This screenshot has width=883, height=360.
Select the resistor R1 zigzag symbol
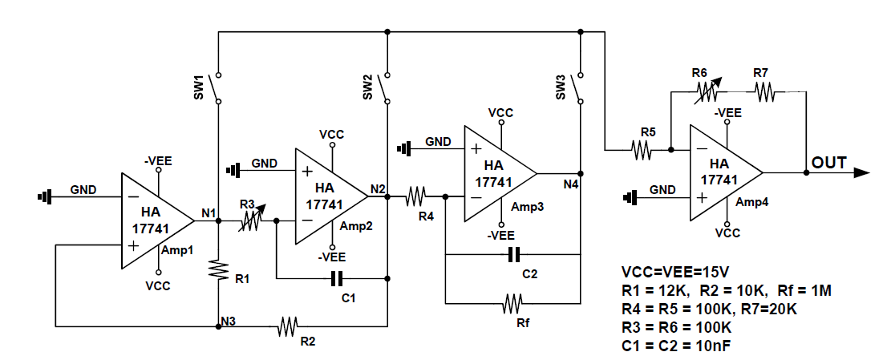pyautogui.click(x=218, y=271)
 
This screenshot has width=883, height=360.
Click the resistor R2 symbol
pyautogui.click(x=287, y=326)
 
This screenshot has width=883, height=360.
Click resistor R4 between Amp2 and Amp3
pyautogui.click(x=415, y=196)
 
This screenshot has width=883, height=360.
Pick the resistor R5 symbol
pyautogui.click(x=642, y=149)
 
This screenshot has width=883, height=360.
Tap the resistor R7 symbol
pyautogui.click(x=763, y=92)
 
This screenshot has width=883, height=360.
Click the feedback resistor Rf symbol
pyautogui.click(x=512, y=304)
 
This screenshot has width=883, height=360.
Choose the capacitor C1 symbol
pyautogui.click(x=338, y=279)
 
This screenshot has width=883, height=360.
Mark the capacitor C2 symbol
pyautogui.click(x=514, y=255)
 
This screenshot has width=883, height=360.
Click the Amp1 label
pyautogui.click(x=179, y=251)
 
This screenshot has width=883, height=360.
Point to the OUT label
pyautogui.click(x=828, y=163)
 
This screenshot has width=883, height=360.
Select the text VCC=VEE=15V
pyautogui.click(x=674, y=271)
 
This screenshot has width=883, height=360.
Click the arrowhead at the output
pyautogui.click(x=862, y=172)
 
